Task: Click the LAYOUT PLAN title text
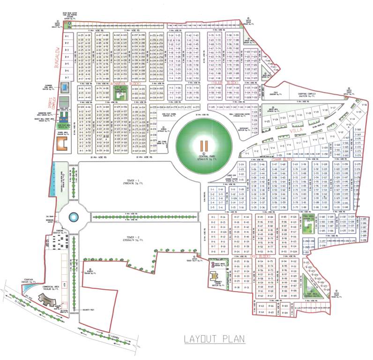pos(211,338)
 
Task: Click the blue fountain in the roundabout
pos(73,217)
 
